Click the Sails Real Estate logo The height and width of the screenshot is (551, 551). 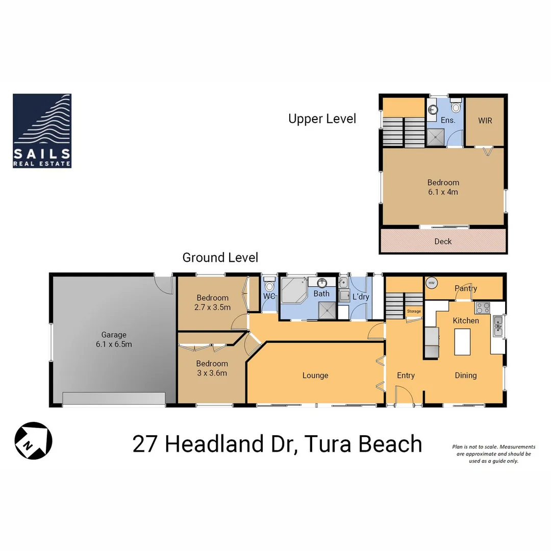42,131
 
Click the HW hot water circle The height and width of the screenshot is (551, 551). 432,283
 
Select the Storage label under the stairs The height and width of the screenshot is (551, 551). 414,311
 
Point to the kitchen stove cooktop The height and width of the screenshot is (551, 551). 482,308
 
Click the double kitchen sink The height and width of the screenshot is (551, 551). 498,326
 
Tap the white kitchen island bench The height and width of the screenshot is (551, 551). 462,341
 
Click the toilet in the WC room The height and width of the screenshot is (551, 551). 269,287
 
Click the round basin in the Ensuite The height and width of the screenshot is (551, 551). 433,109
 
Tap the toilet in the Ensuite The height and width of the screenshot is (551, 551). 456,108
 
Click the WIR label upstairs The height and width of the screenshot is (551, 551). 485,121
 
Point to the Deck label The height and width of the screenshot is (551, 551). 443,241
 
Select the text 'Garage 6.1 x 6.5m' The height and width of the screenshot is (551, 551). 113,339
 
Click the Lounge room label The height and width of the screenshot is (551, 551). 315,375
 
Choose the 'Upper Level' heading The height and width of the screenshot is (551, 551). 322,119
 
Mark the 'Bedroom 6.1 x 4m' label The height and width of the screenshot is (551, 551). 443,187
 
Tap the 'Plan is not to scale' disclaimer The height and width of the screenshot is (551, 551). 493,454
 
